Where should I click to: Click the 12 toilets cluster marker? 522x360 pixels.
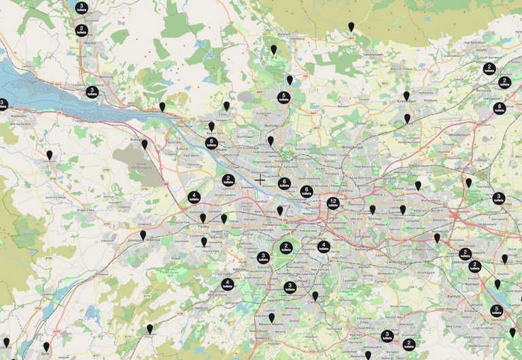pyautogui.click(x=333, y=203)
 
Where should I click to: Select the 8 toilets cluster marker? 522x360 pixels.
pyautogui.click(x=500, y=108)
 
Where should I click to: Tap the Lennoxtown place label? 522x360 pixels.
pyautogui.click(x=375, y=53)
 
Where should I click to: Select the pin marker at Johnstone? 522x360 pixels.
pyautogui.click(x=143, y=235)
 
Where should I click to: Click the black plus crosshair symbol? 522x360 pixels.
pyautogui.click(x=261, y=180)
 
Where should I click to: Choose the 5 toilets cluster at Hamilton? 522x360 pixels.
pyautogui.click(x=498, y=310)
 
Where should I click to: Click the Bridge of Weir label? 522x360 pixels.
pyautogui.click(x=86, y=211)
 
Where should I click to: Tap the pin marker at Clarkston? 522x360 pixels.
pyautogui.click(x=315, y=296)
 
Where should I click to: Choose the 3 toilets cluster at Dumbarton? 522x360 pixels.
pyautogui.click(x=90, y=92)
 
